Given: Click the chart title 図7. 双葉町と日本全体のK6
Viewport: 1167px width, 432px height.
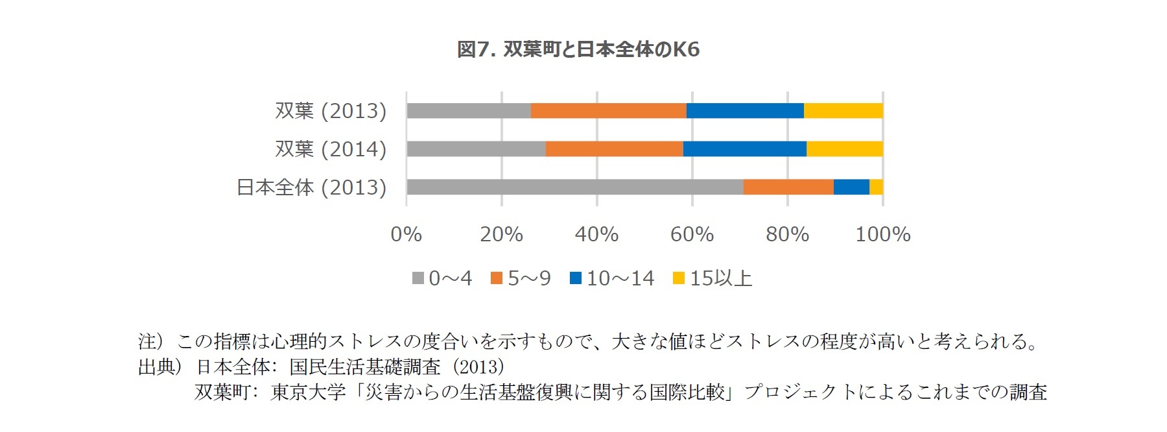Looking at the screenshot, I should tap(578, 49).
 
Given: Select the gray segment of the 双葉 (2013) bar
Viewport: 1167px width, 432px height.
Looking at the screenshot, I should tap(468, 111).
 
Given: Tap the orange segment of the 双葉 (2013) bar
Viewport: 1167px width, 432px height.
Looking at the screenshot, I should tap(608, 111).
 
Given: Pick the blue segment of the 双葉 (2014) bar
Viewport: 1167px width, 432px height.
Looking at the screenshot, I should tap(744, 149).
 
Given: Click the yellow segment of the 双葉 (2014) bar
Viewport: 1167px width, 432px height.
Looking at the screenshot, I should tap(844, 149).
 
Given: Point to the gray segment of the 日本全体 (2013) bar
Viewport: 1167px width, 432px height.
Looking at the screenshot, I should tap(574, 187).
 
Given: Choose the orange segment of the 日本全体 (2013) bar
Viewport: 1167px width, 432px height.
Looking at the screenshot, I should tap(788, 187).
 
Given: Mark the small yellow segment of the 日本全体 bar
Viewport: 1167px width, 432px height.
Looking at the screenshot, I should tap(876, 187).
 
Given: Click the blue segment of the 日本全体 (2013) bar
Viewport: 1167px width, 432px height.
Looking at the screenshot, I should tap(851, 187).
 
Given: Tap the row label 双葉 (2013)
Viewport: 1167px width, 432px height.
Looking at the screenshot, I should tap(331, 111).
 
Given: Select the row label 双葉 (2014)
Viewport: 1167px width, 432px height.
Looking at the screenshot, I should tap(331, 149).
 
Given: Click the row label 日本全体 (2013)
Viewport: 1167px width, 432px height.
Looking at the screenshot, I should tap(311, 187).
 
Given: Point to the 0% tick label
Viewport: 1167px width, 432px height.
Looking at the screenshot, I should tap(407, 234).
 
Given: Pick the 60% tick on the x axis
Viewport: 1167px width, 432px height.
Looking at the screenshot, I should tap(692, 234).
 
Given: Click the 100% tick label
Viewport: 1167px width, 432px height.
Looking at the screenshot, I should tap(882, 234).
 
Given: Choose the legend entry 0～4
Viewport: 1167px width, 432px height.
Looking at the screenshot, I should tap(443, 278).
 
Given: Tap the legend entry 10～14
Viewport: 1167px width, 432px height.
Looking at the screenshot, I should tap(613, 278).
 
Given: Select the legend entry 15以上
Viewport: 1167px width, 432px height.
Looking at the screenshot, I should tap(713, 278).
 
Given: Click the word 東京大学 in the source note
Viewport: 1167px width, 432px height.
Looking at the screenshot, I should tap(308, 392).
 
